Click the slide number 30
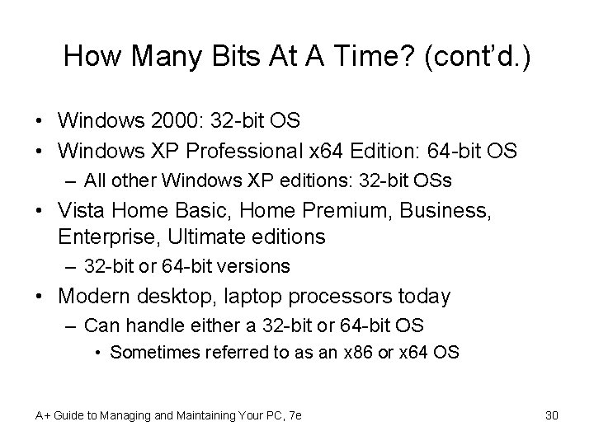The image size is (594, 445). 552,415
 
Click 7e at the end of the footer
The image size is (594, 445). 293,415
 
